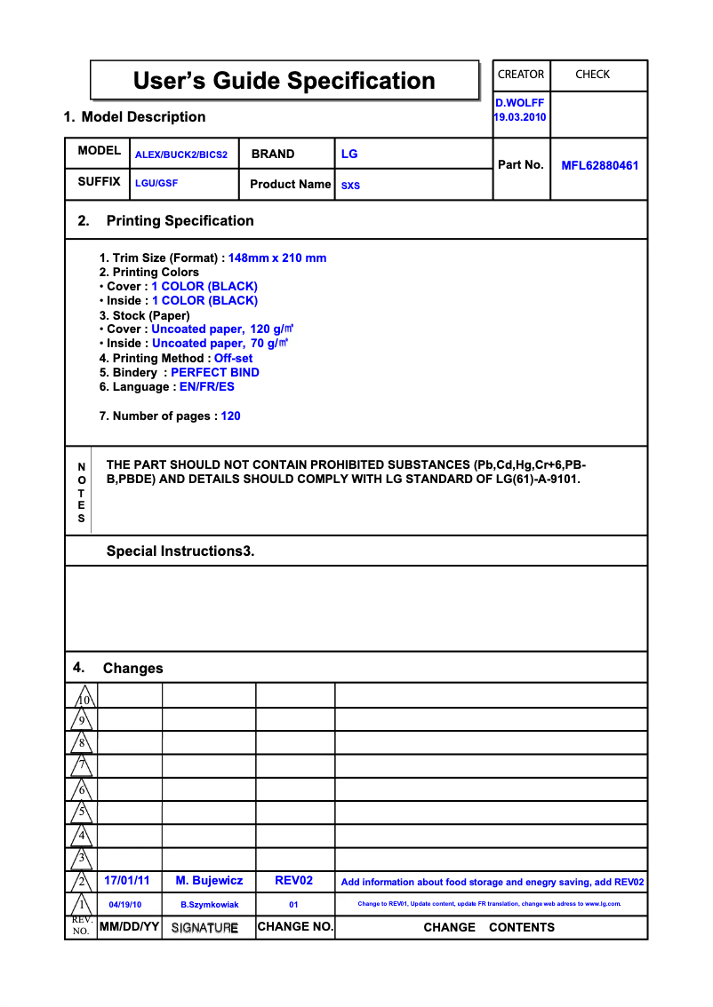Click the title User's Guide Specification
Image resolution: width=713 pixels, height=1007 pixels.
point(284,81)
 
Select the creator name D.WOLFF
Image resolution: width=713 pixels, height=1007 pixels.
point(520,103)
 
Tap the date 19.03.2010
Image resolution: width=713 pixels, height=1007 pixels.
point(520,117)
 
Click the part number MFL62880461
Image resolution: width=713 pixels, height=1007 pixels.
point(599,165)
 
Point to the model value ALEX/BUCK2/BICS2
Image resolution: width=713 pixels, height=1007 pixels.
point(181,155)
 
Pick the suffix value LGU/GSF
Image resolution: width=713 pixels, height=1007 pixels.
point(156,183)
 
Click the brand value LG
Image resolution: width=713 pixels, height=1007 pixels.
point(349,154)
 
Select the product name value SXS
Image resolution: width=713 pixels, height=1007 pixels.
point(350,186)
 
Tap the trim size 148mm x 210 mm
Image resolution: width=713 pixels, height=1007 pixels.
point(277,258)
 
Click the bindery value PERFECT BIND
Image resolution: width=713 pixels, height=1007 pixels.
point(215,373)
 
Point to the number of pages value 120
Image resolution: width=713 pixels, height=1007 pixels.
point(230,416)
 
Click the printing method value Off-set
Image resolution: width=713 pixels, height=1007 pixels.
point(233,359)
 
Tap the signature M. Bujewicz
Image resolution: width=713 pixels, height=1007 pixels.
point(209,881)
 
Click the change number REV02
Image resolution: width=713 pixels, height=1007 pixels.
point(294,881)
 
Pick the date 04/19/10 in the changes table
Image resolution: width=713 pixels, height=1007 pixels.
point(125,905)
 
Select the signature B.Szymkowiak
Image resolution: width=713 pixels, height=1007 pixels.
point(210,905)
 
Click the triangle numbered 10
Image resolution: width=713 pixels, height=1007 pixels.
point(83,697)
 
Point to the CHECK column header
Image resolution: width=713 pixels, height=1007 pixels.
point(592,75)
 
